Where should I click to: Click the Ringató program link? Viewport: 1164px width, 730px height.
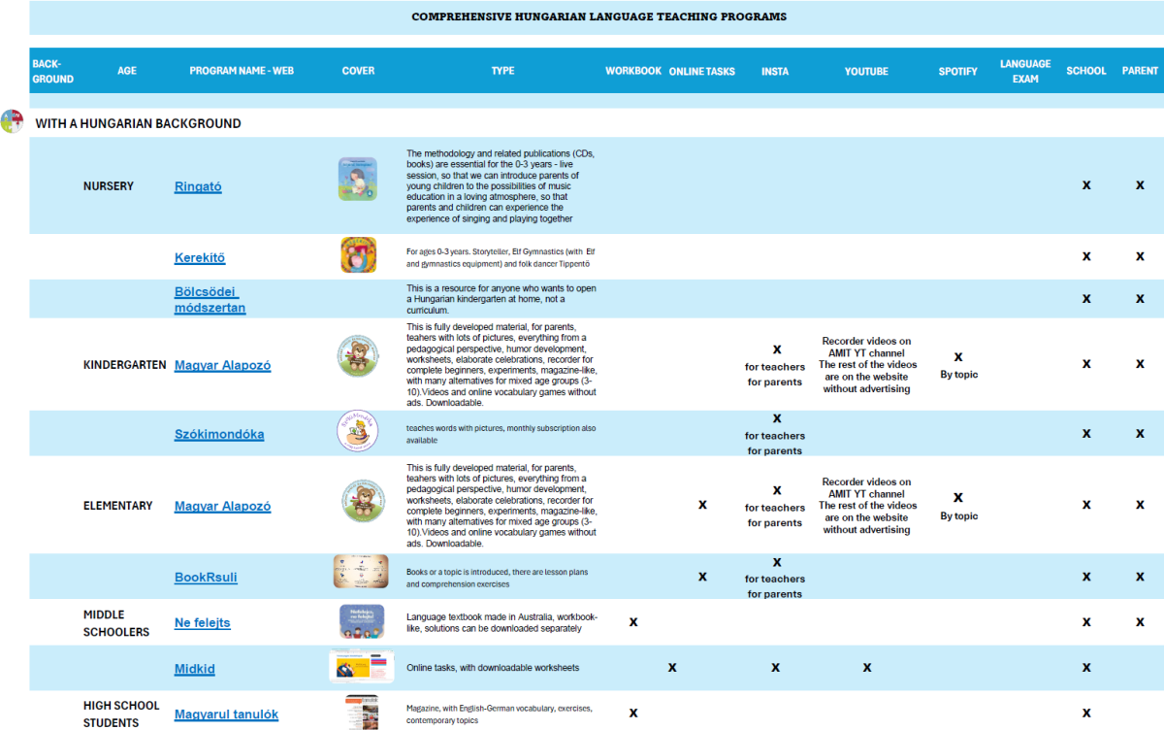198,186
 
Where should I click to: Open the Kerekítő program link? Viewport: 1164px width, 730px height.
200,257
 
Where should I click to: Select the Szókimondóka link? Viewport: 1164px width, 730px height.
219,434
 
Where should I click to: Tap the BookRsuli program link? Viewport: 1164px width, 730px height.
206,577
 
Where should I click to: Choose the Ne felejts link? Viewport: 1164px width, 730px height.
203,622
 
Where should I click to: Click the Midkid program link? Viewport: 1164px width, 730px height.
195,668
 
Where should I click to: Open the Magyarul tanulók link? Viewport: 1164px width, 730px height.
226,714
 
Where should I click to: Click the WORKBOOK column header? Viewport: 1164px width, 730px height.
633,71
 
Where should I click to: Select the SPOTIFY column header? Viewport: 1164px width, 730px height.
957,71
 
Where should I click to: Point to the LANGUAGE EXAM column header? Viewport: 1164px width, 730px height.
1025,71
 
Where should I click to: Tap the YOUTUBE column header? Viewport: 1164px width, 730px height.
866,71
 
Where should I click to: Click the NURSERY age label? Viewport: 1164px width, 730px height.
109,185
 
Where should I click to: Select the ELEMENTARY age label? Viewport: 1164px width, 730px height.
118,506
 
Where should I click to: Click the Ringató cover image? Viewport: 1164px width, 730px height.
358,179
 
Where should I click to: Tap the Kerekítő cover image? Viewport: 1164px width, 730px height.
358,255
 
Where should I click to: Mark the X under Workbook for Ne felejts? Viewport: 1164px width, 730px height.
633,621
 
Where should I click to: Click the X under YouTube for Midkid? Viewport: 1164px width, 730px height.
867,667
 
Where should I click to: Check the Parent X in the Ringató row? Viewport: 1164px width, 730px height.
1140,184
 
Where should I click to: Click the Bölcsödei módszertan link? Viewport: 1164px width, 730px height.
210,300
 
